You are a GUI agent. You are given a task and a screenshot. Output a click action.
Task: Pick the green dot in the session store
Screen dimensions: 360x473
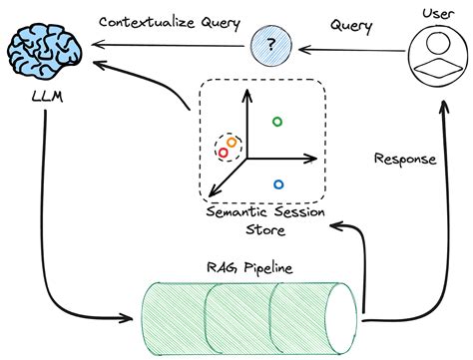tap(278, 122)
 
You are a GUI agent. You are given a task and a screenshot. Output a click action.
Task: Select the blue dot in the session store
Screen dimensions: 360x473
tap(278, 183)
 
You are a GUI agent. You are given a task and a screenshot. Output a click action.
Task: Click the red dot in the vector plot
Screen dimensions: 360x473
tap(223, 153)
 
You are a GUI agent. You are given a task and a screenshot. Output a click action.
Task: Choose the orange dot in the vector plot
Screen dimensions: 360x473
tap(233, 143)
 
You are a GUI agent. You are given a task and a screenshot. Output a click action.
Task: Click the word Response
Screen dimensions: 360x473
tap(403, 158)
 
